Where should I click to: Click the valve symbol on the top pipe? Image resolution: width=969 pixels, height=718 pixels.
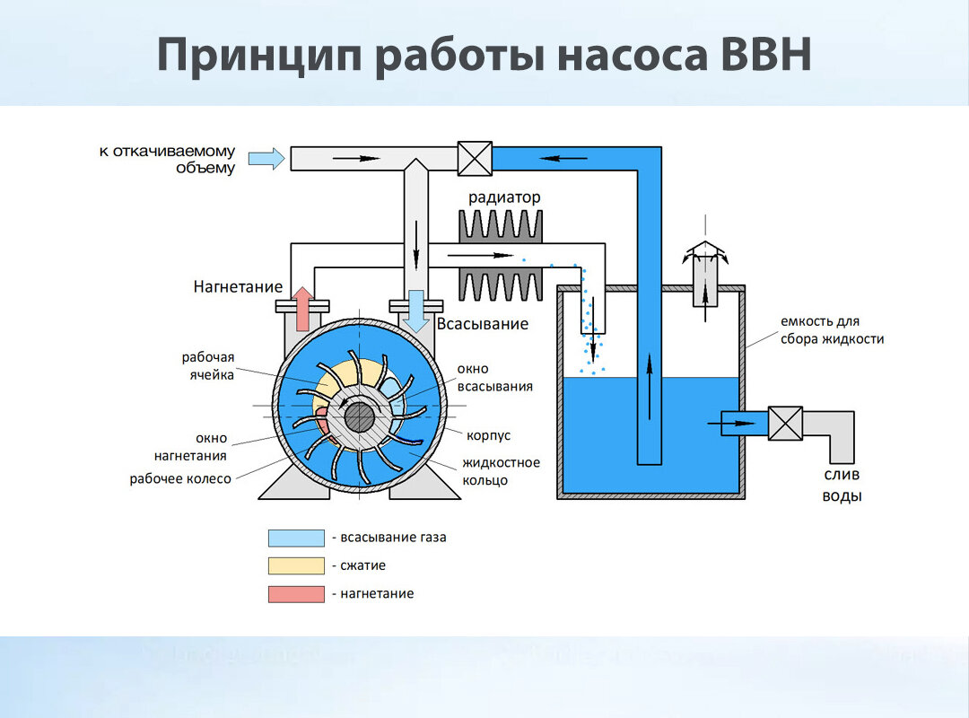pos(475,159)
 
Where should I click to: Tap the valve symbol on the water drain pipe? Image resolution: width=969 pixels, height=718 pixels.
pos(785,424)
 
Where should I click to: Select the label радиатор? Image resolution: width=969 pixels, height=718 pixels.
pos(504,197)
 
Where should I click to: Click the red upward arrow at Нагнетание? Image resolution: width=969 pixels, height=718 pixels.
pos(303,309)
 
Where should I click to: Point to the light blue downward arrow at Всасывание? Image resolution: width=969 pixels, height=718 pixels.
pos(416,311)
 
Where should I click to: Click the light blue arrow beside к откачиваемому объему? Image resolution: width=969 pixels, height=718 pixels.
pos(266,158)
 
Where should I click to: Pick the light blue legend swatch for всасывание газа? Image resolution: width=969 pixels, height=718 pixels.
pos(296,538)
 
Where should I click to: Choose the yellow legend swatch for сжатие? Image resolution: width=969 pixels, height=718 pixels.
pos(296,565)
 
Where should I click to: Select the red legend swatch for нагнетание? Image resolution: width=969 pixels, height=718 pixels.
pos(296,594)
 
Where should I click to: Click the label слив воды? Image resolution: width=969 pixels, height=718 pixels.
pos(842,486)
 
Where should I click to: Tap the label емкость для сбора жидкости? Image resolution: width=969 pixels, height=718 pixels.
pos(832,330)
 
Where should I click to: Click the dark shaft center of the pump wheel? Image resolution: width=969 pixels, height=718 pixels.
pos(360,418)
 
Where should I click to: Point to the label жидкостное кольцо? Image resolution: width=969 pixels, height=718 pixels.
pos(501,471)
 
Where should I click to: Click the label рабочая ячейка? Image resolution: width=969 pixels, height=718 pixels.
pos(207,366)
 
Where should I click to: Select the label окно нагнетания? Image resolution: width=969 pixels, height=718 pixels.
pos(190,447)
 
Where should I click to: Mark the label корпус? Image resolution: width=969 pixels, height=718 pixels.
pos(488,435)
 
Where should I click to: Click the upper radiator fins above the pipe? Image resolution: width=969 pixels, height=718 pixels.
pos(501,226)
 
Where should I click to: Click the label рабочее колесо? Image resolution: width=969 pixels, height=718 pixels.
pos(180,478)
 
